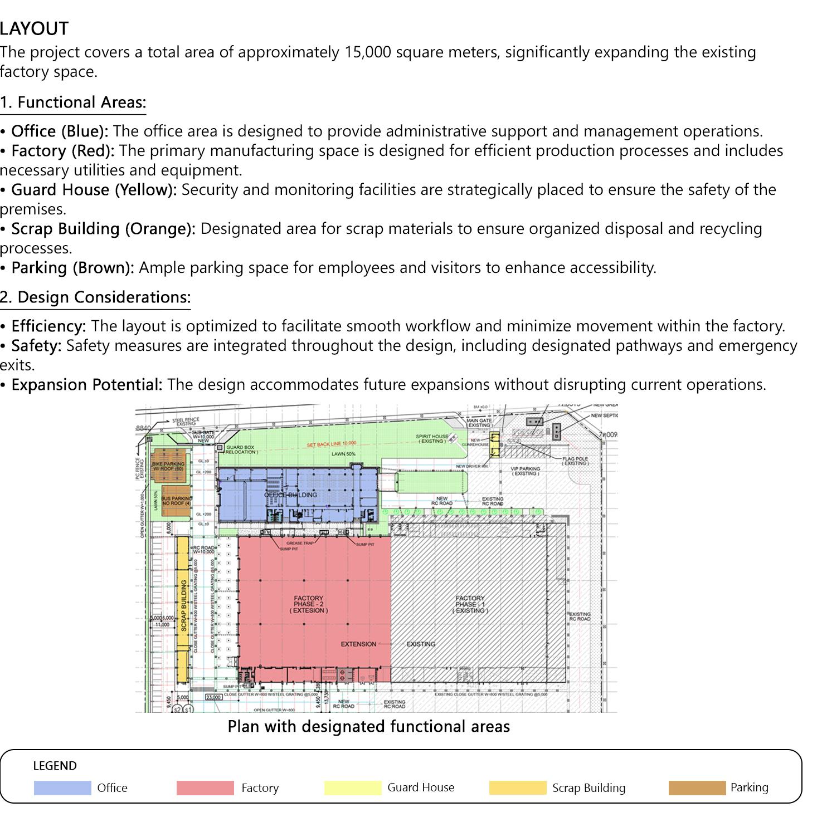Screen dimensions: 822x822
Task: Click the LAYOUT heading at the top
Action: [x=35, y=28]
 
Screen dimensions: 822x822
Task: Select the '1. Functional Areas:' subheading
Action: [x=73, y=102]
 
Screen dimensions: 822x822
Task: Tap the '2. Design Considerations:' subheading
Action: [x=95, y=297]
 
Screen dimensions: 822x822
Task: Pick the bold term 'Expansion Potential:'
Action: [x=87, y=385]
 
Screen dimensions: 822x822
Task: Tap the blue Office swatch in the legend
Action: [x=62, y=788]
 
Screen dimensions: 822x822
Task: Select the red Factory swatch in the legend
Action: [x=205, y=788]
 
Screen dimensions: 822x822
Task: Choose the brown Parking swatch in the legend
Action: [x=697, y=788]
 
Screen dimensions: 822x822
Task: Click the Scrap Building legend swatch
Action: [x=518, y=788]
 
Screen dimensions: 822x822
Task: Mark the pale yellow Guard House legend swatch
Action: [x=353, y=788]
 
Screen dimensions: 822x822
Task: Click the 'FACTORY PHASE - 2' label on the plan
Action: [x=308, y=604]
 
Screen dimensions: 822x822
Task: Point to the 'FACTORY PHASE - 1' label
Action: [x=470, y=604]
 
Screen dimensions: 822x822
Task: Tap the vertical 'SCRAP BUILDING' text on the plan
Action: [x=183, y=605]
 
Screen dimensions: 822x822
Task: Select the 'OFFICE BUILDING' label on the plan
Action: [x=290, y=495]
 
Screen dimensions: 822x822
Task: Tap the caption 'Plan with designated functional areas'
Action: [x=368, y=727]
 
